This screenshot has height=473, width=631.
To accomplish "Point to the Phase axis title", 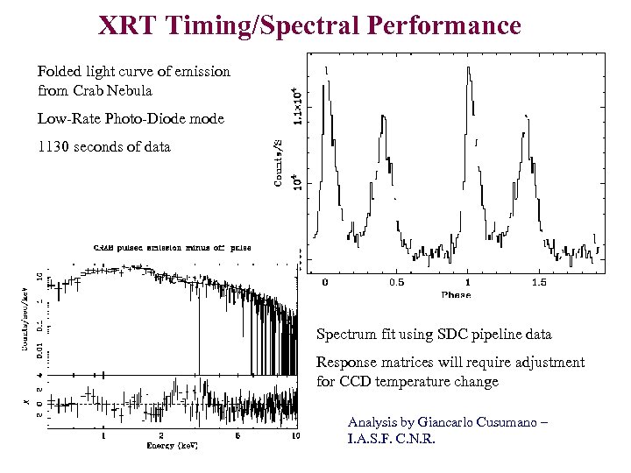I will click(x=456, y=295).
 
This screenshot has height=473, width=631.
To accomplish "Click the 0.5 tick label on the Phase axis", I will click(x=396, y=283).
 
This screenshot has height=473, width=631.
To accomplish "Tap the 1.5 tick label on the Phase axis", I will click(x=539, y=283).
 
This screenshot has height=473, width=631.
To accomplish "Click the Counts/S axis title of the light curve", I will click(x=278, y=161).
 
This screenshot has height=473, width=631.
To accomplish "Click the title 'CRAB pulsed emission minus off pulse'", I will click(x=172, y=247).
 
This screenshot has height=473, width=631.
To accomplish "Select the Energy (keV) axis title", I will click(x=174, y=445).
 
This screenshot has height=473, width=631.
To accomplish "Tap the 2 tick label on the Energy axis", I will click(x=160, y=435).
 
